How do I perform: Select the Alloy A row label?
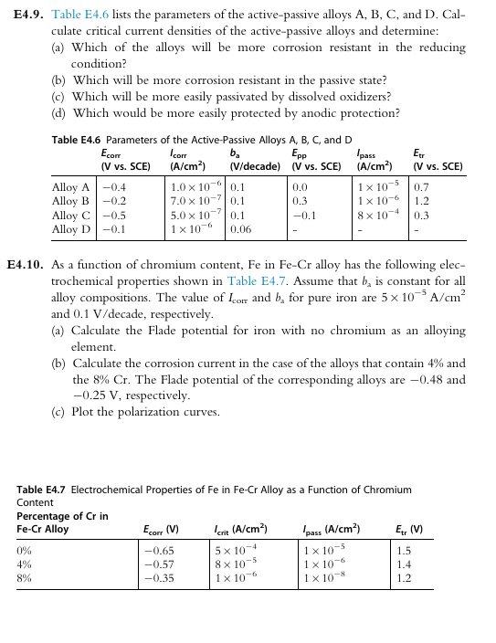coord(70,186)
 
